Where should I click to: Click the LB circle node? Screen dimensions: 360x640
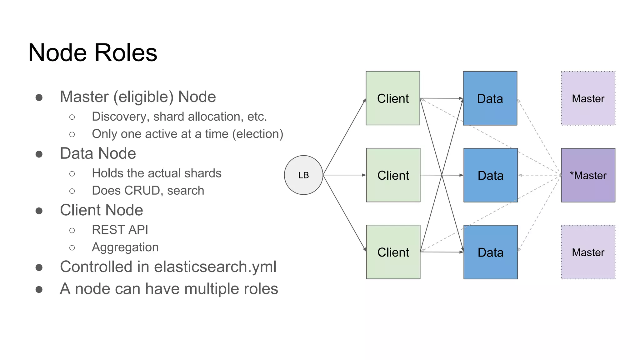click(303, 175)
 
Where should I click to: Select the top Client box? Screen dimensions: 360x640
click(393, 98)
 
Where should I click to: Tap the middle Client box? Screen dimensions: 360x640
click(393, 175)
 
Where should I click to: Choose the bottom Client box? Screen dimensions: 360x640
click(393, 252)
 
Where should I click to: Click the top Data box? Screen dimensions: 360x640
click(490, 98)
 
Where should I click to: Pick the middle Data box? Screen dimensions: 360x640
click(491, 175)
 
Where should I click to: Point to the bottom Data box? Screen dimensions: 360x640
click(491, 252)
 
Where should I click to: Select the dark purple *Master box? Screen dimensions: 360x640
click(588, 175)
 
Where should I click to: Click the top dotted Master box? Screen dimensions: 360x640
click(588, 98)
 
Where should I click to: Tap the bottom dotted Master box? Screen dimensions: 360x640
click(588, 252)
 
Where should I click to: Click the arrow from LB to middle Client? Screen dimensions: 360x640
click(344, 175)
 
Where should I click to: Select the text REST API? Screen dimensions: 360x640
click(120, 230)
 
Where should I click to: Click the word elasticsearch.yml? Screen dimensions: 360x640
click(215, 267)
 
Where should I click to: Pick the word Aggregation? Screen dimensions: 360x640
click(125, 247)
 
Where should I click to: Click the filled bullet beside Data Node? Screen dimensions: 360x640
click(39, 154)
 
